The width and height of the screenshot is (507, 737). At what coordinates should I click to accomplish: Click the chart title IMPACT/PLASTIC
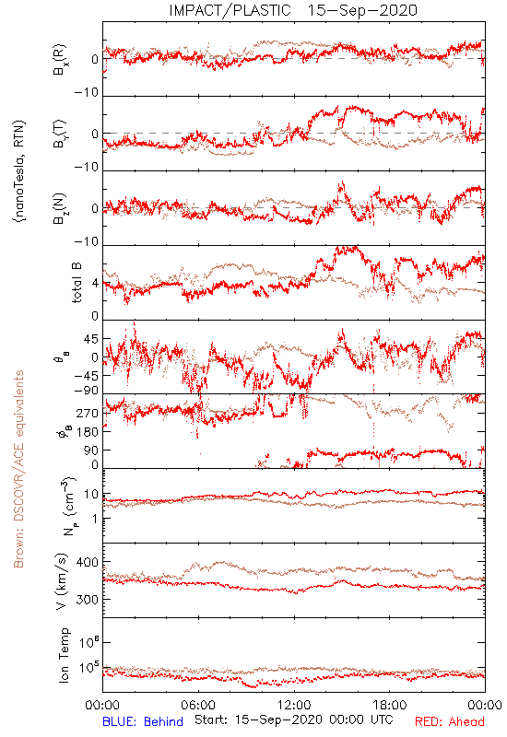[x=230, y=10]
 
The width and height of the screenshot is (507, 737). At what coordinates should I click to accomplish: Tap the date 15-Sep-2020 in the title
[x=362, y=10]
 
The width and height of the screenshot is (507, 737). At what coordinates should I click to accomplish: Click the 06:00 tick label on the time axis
[x=198, y=705]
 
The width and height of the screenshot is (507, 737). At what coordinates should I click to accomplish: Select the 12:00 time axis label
[x=294, y=705]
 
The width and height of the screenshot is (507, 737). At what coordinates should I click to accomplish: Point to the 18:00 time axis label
[x=390, y=705]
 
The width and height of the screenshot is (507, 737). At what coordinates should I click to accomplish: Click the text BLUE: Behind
[x=143, y=721]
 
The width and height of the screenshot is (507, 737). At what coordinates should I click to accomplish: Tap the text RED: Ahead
[x=450, y=721]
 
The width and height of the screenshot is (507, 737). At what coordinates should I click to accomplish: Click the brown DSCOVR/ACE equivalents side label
[x=18, y=469]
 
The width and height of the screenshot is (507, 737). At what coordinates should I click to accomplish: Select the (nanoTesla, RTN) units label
[x=19, y=171]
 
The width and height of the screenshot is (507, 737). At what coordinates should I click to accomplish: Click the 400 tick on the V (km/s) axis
[x=88, y=562]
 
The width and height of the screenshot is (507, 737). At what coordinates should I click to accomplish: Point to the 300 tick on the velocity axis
[x=88, y=600]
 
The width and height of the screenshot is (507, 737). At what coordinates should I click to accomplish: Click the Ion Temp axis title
[x=64, y=655]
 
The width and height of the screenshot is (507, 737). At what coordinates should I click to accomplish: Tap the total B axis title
[x=77, y=283]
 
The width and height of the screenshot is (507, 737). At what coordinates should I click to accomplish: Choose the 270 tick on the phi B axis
[x=88, y=414]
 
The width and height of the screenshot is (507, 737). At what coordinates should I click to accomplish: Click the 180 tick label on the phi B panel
[x=88, y=432]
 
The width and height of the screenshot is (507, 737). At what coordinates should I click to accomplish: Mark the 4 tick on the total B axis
[x=96, y=284]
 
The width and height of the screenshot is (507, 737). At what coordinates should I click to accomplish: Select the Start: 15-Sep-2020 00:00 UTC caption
[x=294, y=719]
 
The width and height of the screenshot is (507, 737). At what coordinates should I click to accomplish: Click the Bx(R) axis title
[x=60, y=60]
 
